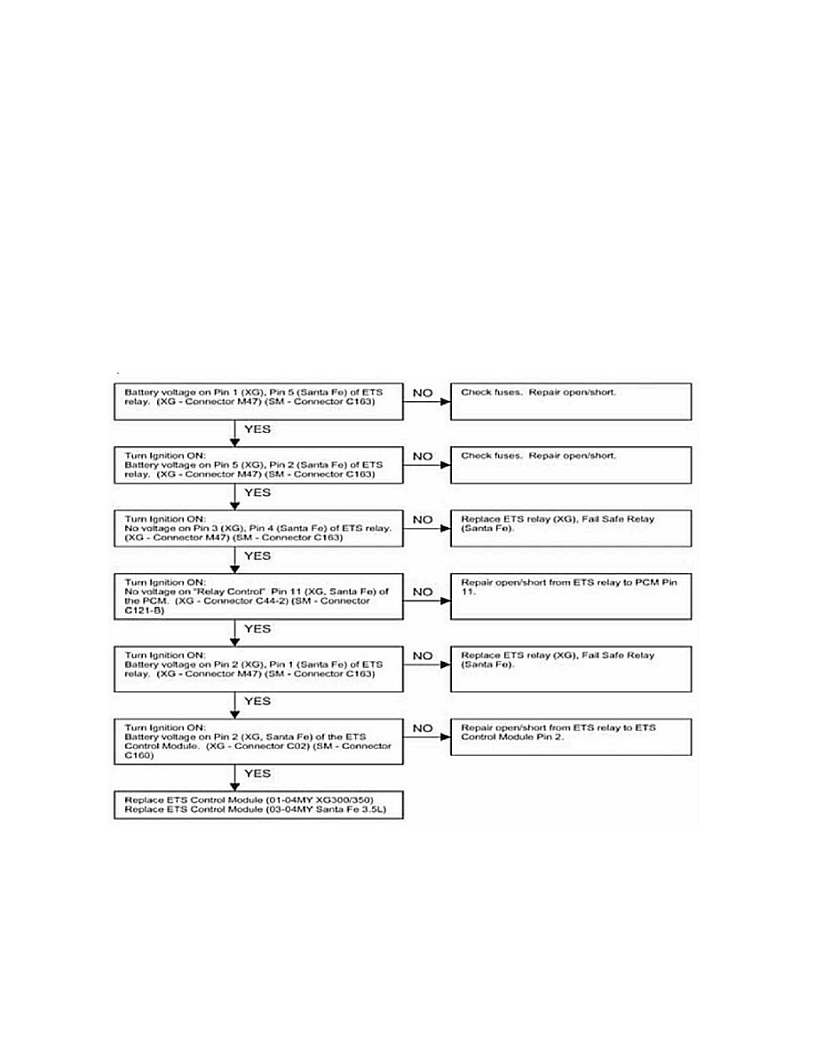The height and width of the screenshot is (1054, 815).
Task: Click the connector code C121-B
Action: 144,610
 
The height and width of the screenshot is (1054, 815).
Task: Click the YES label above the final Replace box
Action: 257,775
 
